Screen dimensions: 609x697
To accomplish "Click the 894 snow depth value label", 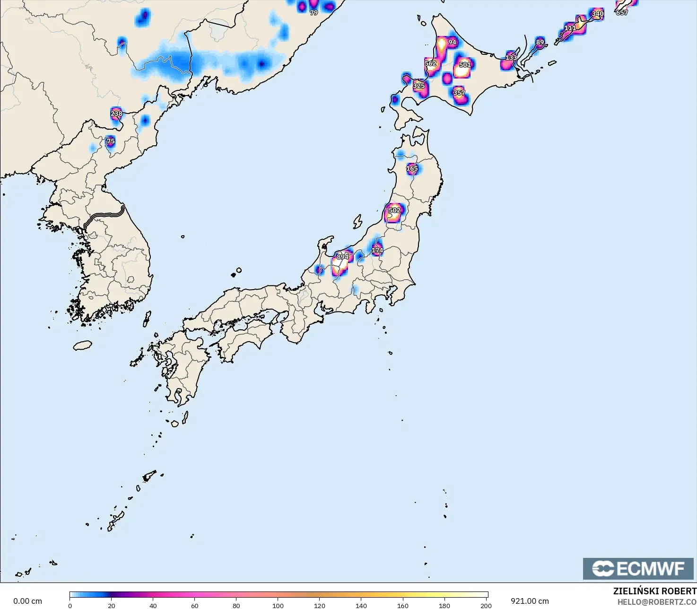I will point(342,257).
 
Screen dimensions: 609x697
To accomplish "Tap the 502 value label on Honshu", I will point(394,210).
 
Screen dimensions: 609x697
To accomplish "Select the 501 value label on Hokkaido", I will point(465,65).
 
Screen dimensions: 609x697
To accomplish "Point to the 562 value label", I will point(430,63).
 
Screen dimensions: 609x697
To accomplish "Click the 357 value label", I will point(459,93).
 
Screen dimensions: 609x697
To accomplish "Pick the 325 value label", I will point(418,86).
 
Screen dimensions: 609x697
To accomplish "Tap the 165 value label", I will point(412,168).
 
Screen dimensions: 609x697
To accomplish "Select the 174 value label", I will point(377,250).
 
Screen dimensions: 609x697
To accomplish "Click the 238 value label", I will point(116,114).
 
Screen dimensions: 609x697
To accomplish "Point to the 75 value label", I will point(111,141).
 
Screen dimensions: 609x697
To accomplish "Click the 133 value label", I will point(511,58).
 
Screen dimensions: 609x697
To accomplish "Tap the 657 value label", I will point(622,13).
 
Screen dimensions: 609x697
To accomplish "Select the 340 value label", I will point(598,14).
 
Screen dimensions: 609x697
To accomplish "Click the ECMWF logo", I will point(638,568).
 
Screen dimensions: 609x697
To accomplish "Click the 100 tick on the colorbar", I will point(278,605).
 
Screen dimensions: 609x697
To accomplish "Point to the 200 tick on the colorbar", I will point(486,605).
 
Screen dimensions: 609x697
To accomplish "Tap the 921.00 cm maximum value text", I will point(530,601).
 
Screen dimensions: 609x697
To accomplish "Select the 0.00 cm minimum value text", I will point(27,601).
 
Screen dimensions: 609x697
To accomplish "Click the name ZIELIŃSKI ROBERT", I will point(654,591).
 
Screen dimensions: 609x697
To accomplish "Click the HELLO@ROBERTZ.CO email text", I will point(657,602).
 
